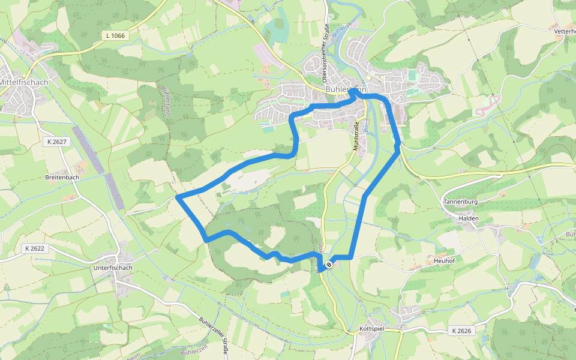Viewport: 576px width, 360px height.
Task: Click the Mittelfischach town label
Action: point(24,82)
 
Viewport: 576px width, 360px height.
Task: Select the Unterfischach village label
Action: point(113,268)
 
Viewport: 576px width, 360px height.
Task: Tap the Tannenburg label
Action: point(461,202)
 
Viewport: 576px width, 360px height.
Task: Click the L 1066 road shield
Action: point(115,36)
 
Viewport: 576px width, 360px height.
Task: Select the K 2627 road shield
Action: point(56,142)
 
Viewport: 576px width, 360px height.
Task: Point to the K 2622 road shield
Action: point(35,248)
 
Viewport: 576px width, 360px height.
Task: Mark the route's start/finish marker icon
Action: point(329,265)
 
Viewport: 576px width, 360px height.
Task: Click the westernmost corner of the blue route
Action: point(178,197)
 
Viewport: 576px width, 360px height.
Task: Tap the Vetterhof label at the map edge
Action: point(565,31)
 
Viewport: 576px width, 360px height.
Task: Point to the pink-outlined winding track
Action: point(487,106)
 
